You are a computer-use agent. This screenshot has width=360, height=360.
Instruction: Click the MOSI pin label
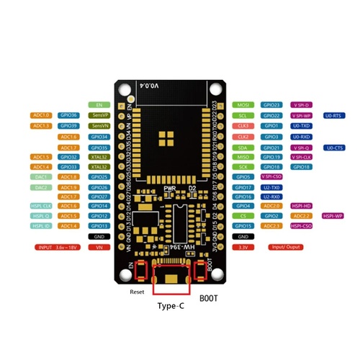(243, 105)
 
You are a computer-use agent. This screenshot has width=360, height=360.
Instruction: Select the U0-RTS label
(336, 115)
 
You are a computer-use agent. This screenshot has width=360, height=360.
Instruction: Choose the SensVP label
(99, 115)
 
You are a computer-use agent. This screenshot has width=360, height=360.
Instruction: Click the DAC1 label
(40, 176)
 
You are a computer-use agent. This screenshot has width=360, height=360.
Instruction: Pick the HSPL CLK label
(40, 206)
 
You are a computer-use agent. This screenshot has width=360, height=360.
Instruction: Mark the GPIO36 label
(69, 115)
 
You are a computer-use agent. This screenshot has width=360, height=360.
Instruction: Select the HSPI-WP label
(333, 216)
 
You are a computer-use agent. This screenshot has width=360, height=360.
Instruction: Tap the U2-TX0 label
(271, 186)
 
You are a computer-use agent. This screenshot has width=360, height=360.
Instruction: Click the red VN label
(99, 247)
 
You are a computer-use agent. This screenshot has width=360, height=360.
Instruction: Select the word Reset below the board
(138, 292)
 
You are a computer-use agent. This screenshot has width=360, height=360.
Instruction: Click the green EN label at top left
(99, 105)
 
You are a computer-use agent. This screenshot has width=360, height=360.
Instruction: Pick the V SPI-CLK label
(302, 156)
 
